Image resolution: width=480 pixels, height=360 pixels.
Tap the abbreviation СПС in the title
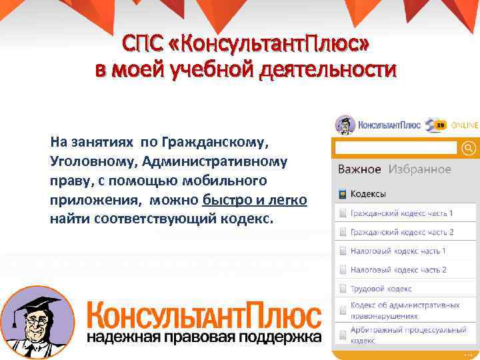142,45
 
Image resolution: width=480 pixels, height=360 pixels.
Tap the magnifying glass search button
469,147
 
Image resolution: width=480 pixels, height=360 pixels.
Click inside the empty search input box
396,147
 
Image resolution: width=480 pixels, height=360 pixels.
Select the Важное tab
359,169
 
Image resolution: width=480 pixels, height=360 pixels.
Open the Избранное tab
420,169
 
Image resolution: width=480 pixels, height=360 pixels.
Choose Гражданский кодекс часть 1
401,213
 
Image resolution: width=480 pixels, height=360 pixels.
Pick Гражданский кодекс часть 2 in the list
401,232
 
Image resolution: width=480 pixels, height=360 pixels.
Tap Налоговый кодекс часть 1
398,251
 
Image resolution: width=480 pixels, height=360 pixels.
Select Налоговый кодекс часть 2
398,270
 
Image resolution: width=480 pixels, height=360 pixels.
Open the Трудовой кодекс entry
381,289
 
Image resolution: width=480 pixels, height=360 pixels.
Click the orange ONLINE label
465,125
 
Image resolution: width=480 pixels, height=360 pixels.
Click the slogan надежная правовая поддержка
204,337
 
